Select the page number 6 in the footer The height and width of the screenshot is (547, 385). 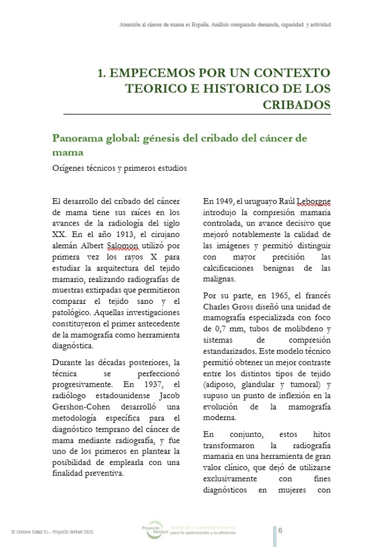tap(280, 530)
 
